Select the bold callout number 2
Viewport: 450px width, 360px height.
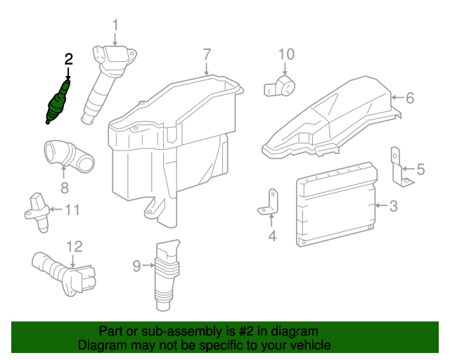tap(68, 59)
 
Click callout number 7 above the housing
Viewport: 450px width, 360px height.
tap(207, 53)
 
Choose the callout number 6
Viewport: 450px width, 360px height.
tap(411, 98)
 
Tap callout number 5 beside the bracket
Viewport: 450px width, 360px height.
tap(420, 169)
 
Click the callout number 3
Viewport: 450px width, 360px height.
tap(393, 206)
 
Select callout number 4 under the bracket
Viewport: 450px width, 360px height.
tap(272, 236)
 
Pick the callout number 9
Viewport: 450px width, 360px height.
tap(136, 265)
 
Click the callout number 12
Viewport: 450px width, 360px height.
tap(75, 246)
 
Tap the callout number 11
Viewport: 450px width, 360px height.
tap(73, 210)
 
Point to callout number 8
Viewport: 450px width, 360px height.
tap(64, 187)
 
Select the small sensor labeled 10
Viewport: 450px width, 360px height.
tap(281, 88)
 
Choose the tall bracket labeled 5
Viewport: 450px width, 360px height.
tap(398, 169)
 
